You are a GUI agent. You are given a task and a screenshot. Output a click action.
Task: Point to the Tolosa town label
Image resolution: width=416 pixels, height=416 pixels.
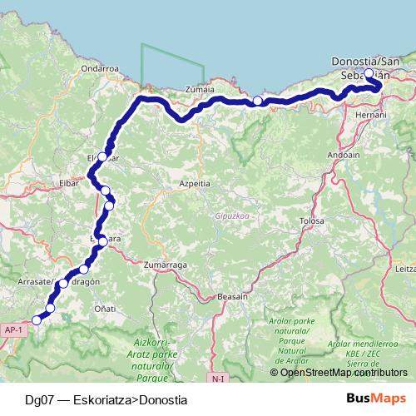click(312, 221)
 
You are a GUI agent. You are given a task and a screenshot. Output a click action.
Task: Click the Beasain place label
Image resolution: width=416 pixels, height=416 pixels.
click(231, 296)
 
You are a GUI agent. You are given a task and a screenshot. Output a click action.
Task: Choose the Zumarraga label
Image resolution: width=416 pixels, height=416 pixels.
click(161, 264)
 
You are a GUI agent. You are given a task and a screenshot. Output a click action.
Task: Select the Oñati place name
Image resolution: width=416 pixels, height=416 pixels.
click(103, 309)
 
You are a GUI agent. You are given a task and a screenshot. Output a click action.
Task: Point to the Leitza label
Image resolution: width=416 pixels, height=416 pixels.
click(405, 269)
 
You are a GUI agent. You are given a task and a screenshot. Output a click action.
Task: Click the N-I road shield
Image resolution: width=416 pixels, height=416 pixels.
click(219, 379)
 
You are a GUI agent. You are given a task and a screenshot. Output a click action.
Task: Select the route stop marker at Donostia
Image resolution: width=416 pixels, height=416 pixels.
click(369, 73)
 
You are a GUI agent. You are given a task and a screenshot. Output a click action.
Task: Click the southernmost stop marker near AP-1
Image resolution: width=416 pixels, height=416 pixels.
click(36, 320)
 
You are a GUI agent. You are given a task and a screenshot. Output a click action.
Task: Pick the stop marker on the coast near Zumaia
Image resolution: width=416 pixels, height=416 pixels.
click(257, 102)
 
